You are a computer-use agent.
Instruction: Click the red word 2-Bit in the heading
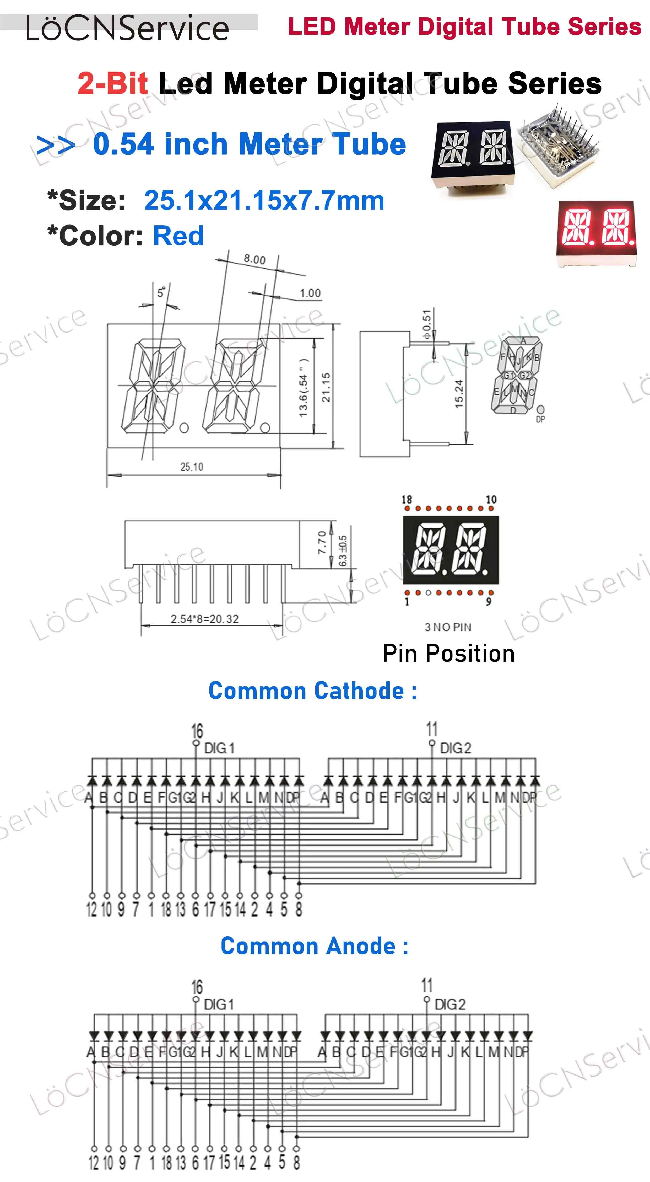[112, 84]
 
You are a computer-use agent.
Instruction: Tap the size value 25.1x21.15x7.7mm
[264, 201]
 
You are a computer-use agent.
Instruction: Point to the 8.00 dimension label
[254, 259]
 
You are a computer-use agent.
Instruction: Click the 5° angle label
[161, 292]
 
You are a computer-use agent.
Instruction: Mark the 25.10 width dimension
[192, 467]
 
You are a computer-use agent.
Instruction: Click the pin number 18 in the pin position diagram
[407, 499]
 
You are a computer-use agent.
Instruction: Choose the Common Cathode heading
[313, 691]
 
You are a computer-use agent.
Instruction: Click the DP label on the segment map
[540, 419]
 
